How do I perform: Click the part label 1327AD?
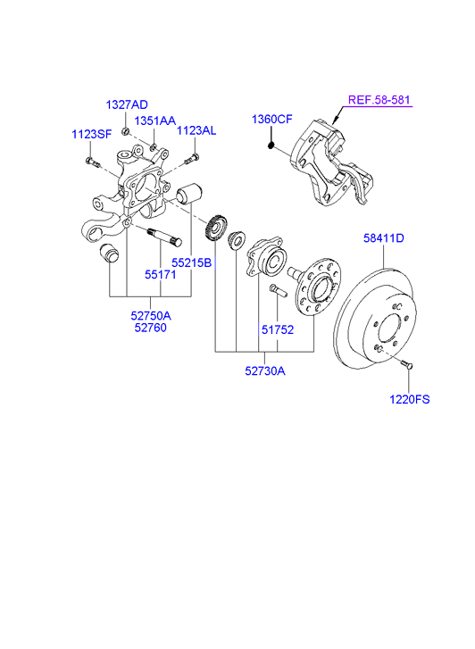click(127, 104)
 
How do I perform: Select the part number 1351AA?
click(155, 121)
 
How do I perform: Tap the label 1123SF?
click(92, 134)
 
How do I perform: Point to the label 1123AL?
click(196, 131)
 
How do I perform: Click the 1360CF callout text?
click(272, 120)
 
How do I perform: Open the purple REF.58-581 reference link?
click(379, 100)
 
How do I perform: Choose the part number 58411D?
click(383, 238)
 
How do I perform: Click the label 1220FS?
click(410, 399)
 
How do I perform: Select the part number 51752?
click(278, 330)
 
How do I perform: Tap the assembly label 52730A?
click(265, 370)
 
